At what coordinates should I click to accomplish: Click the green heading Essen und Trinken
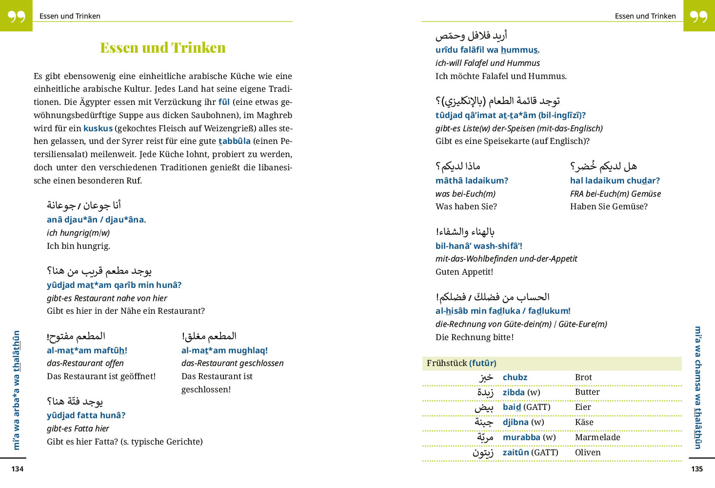click(163, 47)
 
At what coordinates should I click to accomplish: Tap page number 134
click(18, 469)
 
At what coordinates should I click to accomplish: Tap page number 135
click(697, 469)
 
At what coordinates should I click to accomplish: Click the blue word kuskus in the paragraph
click(98, 128)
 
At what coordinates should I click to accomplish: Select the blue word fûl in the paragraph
click(224, 102)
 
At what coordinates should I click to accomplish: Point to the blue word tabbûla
click(234, 141)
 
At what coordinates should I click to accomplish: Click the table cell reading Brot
click(583, 377)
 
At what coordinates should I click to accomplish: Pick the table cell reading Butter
click(587, 392)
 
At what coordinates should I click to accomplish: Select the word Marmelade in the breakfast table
click(597, 437)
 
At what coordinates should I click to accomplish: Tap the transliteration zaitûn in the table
click(516, 452)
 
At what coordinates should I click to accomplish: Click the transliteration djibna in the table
click(516, 422)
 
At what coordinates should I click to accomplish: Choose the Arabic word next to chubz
click(486, 377)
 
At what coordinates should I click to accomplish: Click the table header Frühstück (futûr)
click(461, 363)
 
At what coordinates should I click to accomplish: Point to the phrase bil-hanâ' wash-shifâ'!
click(479, 246)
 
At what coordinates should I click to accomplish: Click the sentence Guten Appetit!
click(464, 272)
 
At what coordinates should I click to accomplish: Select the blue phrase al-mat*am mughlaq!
click(224, 350)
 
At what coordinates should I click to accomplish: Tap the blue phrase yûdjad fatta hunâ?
click(86, 415)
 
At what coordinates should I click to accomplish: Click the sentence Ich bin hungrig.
click(79, 246)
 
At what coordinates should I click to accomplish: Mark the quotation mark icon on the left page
click(16, 16)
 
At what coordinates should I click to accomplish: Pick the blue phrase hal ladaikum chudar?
click(615, 181)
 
